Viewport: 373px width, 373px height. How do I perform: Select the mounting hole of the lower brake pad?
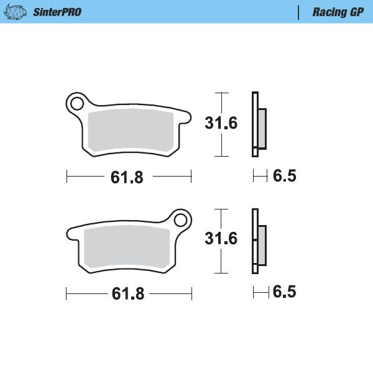coord(181,220)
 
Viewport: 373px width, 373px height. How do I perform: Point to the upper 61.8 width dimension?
coord(127,177)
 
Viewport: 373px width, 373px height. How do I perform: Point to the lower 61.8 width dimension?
coord(128,294)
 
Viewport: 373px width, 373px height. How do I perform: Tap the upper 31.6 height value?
coord(221,123)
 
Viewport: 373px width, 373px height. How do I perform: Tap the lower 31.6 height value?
coord(221,239)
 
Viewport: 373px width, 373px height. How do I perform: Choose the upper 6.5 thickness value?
coord(285,177)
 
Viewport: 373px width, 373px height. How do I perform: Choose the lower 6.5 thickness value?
coord(285,292)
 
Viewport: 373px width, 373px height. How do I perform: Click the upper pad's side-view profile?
coord(258,125)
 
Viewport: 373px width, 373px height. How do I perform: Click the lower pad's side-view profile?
coord(258,241)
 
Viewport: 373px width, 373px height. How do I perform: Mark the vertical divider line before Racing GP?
coord(299,12)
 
